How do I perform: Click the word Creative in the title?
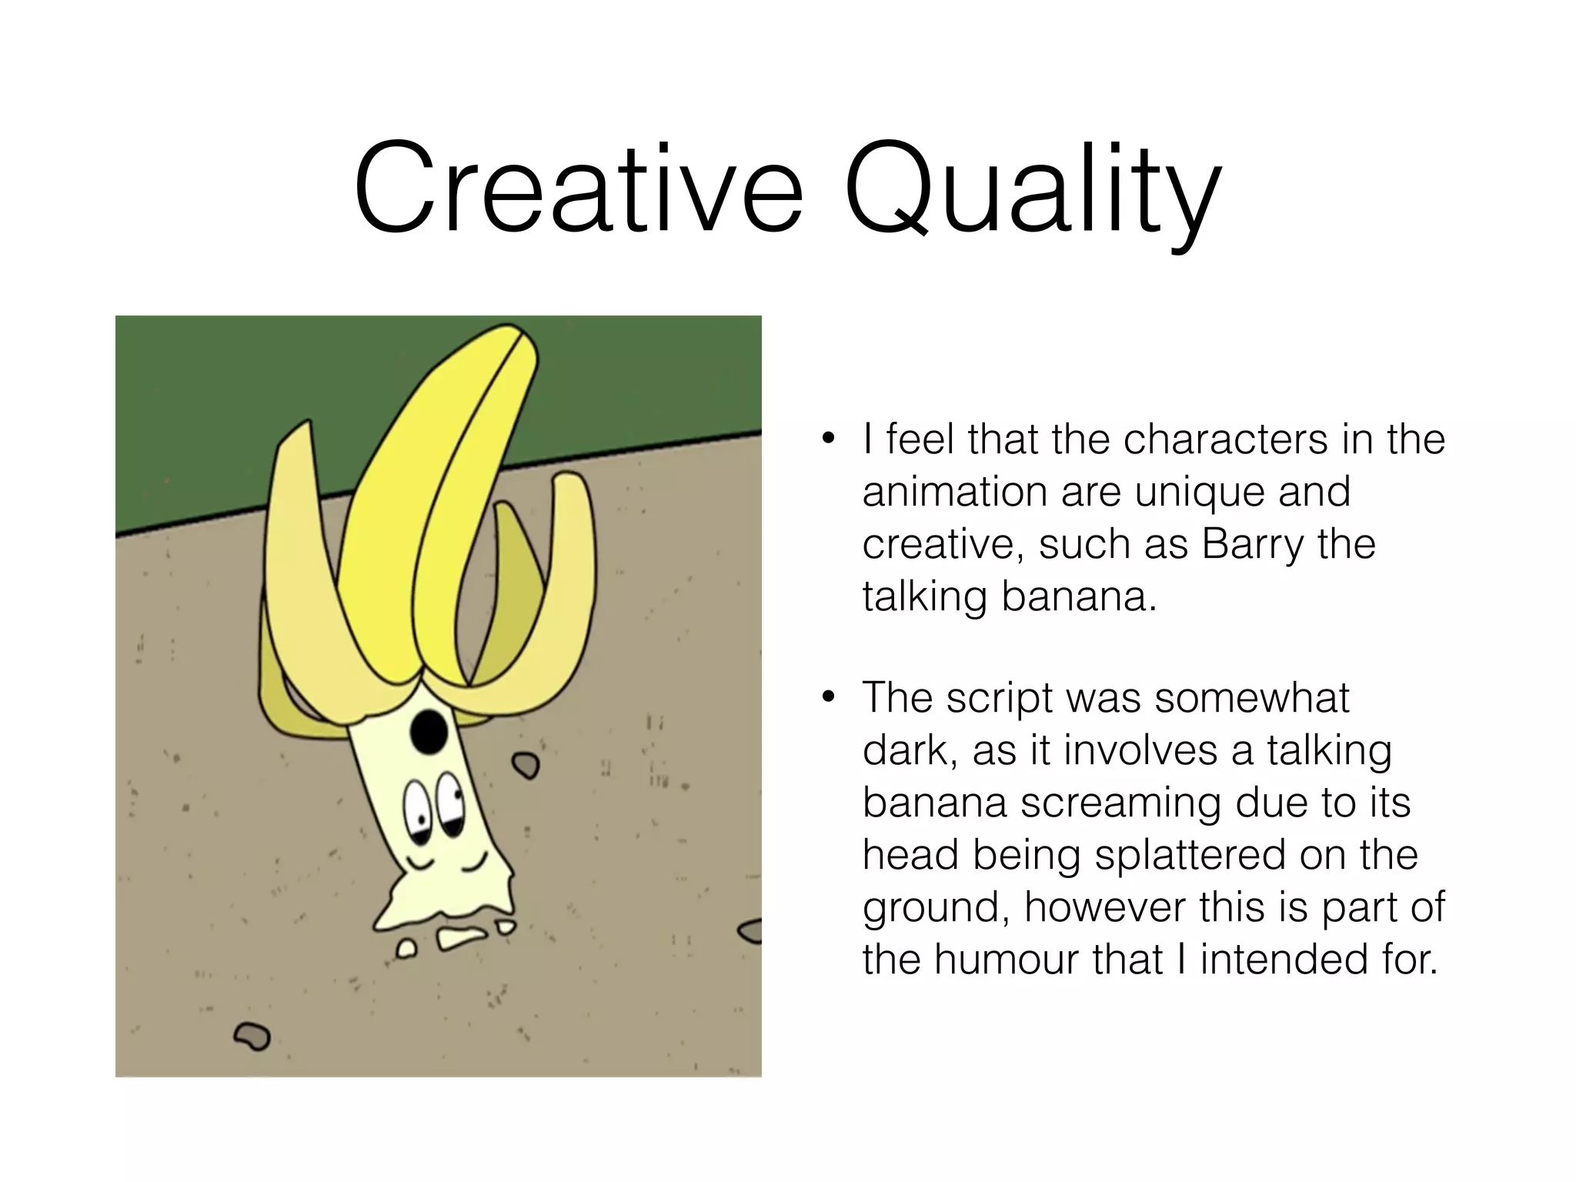coord(578,189)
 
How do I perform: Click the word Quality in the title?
coord(1032,192)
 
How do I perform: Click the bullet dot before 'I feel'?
coord(828,440)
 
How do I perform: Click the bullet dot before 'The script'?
coord(828,698)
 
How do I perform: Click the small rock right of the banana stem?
coord(527,765)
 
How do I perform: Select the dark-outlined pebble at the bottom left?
coord(252,1036)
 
